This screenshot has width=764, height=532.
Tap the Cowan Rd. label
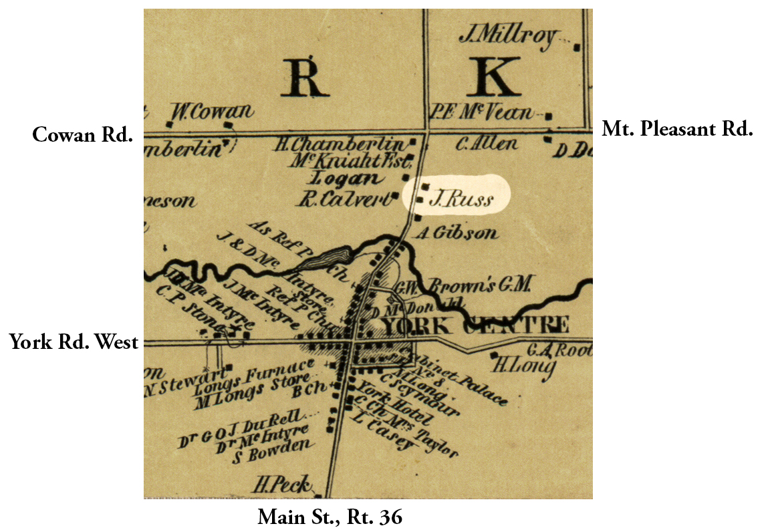(x=82, y=135)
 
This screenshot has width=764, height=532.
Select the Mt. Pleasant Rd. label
(x=677, y=129)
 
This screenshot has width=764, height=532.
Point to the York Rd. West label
(x=74, y=343)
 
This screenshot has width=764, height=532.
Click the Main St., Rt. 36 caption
(x=330, y=517)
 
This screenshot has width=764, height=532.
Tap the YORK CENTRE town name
(x=475, y=325)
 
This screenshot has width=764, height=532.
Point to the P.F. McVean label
(x=483, y=112)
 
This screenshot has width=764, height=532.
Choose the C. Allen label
(x=486, y=143)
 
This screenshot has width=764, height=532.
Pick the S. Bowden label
(x=271, y=453)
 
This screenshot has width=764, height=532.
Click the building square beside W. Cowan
(x=230, y=124)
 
